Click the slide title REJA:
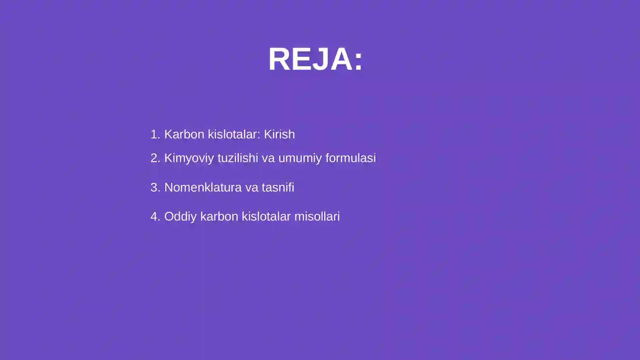coord(315,59)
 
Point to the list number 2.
coord(155,158)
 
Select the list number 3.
coord(155,187)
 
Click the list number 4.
coord(155,216)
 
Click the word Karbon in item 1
coord(184,134)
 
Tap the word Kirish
coord(279,134)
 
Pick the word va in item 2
coord(268,158)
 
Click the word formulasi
coord(350,158)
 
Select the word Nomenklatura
coord(203,187)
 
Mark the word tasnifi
coord(278,187)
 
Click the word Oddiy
coord(180,216)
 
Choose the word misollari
coord(317,216)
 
